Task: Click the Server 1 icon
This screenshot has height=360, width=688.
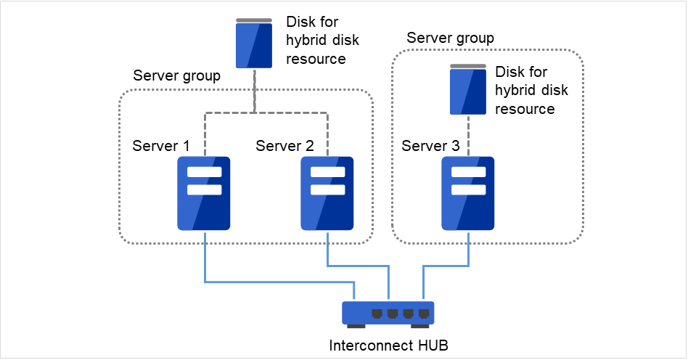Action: (x=204, y=193)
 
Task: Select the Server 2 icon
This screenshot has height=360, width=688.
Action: (x=327, y=193)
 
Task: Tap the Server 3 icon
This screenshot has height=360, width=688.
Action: (x=468, y=193)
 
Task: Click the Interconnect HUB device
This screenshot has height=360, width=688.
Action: (x=388, y=313)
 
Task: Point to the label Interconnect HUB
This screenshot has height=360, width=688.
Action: (x=388, y=345)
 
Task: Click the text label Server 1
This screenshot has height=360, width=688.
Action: (x=161, y=146)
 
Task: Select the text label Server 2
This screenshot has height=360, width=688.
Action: (x=284, y=146)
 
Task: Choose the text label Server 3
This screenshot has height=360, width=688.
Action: (x=430, y=146)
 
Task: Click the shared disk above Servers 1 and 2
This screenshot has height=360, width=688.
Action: (x=255, y=45)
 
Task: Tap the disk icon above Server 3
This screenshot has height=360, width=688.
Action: (x=468, y=91)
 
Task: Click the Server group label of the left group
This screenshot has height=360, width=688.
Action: (x=177, y=76)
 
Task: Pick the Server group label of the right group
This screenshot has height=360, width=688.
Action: (x=450, y=38)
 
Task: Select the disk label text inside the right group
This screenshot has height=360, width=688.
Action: (x=531, y=91)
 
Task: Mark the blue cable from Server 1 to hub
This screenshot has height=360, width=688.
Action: (x=276, y=282)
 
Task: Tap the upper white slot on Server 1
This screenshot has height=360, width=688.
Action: (x=204, y=173)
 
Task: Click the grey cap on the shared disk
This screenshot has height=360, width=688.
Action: (x=255, y=20)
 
